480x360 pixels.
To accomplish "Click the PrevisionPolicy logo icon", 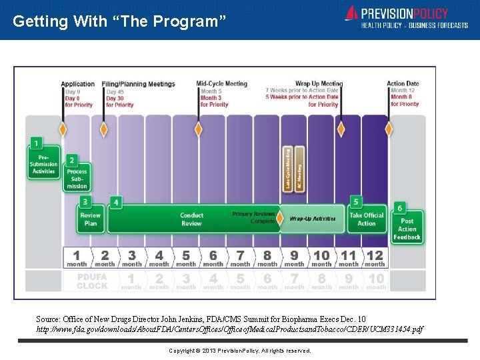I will pyautogui.click(x=351, y=14).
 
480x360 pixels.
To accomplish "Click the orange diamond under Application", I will pyautogui.click(x=63, y=129).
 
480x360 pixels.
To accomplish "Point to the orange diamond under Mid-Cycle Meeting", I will pyautogui.click(x=197, y=129).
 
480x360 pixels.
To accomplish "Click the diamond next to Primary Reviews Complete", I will pyautogui.click(x=279, y=218).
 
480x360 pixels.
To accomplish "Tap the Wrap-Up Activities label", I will pyautogui.click(x=313, y=219).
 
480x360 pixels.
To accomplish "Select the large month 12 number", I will pyautogui.click(x=375, y=255).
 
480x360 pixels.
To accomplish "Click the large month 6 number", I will pyautogui.click(x=213, y=255).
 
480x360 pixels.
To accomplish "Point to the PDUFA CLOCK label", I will pyautogui.click(x=91, y=281).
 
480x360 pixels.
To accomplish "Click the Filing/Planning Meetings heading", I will pyautogui.click(x=139, y=84).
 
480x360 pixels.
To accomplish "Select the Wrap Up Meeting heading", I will pyautogui.click(x=319, y=84).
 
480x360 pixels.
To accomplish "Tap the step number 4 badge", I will pyautogui.click(x=117, y=202).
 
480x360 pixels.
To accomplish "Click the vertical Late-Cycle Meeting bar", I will pyautogui.click(x=288, y=169).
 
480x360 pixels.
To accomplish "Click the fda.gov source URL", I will pyautogui.click(x=229, y=329).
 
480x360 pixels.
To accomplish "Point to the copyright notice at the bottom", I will pyautogui.click(x=239, y=351).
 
